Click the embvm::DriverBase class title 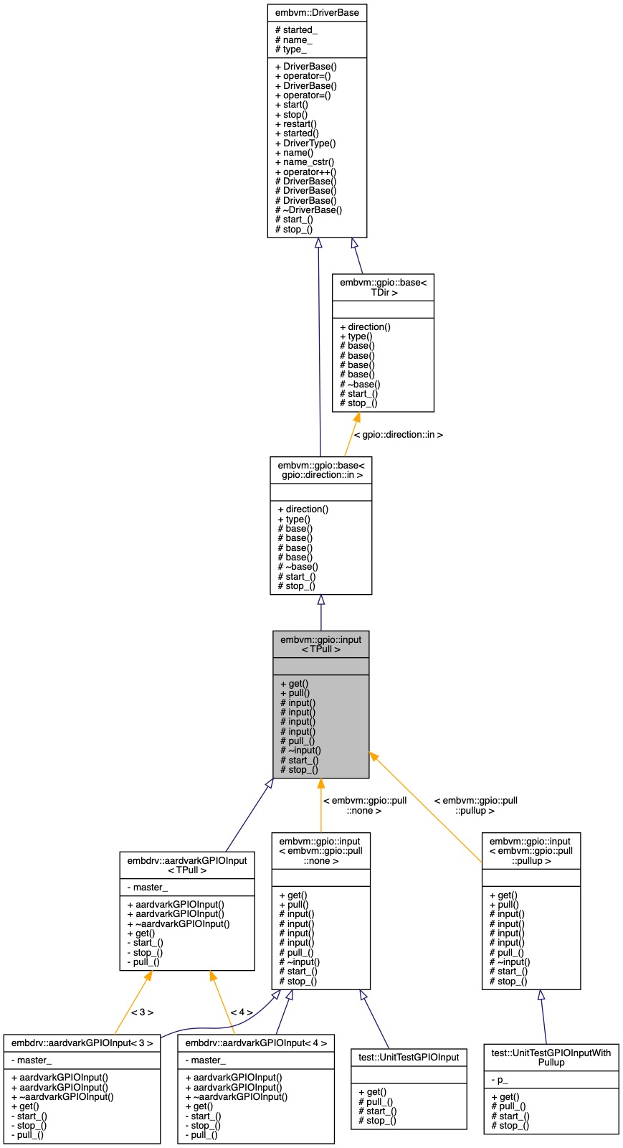(317, 13)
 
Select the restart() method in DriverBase (296, 123)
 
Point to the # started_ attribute (296, 30)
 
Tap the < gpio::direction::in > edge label (399, 434)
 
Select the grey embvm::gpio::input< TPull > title (320, 644)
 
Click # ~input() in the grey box (300, 751)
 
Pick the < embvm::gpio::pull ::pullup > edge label (475, 805)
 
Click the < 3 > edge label (142, 1012)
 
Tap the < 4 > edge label (242, 1012)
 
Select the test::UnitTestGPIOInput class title (409, 1056)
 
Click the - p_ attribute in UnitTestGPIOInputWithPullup (500, 1080)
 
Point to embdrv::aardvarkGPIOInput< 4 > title (256, 1043)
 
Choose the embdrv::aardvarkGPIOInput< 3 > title (82, 1043)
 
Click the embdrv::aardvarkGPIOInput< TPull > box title (187, 865)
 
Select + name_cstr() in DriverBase (305, 162)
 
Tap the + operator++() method (305, 171)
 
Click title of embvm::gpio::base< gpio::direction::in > (320, 470)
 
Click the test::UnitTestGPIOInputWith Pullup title (551, 1057)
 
